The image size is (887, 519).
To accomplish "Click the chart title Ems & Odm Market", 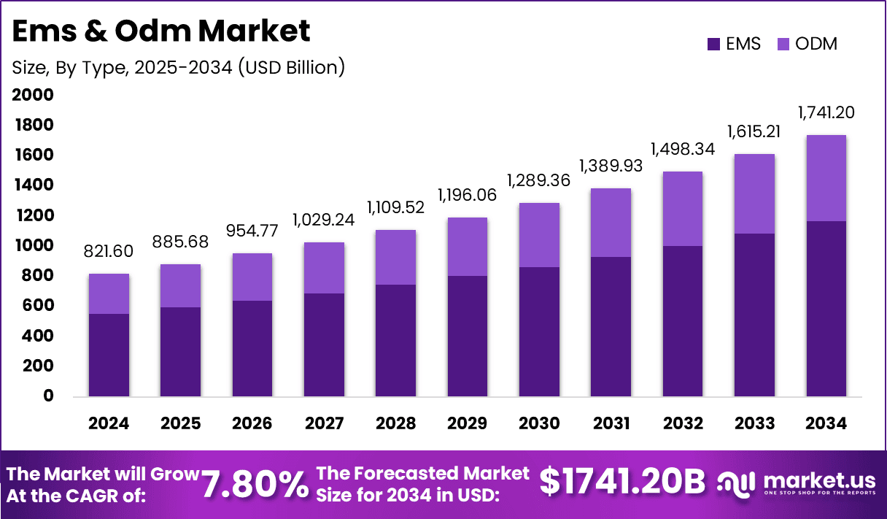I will coord(161,31).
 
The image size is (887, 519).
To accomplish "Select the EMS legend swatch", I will coord(714,44).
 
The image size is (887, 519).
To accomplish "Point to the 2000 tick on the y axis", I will coord(33,95).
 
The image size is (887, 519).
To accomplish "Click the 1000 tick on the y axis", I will coord(33,245).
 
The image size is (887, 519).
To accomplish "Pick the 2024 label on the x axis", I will coord(109,423).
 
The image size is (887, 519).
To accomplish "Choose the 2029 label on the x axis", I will coord(468,423).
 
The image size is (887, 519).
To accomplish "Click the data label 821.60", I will coord(109,252).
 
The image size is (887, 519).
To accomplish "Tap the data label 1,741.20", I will coord(826,112).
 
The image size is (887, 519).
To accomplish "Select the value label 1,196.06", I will coord(468,195).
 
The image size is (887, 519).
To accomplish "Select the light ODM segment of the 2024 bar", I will coord(109,293).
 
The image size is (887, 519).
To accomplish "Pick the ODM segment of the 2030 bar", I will coord(539,235).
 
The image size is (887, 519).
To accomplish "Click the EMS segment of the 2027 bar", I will coord(324,345).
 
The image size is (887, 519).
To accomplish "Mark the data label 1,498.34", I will coord(683,149).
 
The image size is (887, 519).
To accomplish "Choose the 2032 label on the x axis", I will coord(683,423).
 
